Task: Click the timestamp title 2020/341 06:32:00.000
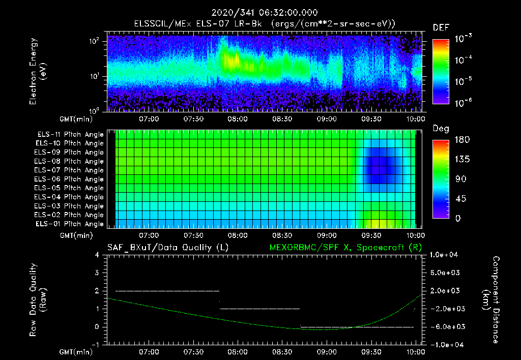click(260, 13)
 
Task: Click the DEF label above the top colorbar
click(441, 28)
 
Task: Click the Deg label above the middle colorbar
click(441, 129)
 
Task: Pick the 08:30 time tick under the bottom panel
click(282, 352)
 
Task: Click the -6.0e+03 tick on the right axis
click(446, 326)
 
